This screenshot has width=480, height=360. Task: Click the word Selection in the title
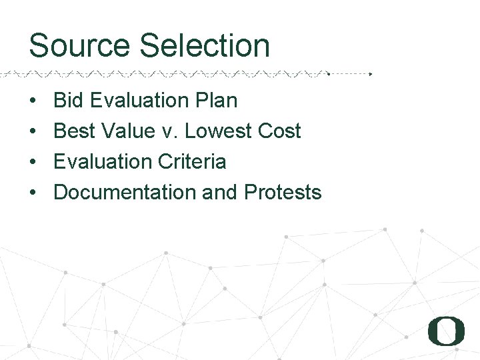tap(205, 46)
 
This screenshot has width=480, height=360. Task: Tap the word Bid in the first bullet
tap(68, 101)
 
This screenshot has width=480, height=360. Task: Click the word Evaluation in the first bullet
tap(138, 101)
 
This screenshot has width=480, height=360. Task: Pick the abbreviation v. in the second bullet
tap(170, 131)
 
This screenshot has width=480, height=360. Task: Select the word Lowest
tap(216, 131)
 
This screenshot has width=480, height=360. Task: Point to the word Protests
tap(283, 193)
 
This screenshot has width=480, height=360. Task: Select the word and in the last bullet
tap(219, 193)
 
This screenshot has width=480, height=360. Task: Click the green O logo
tap(446, 331)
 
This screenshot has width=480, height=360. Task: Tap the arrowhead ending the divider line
tap(371, 74)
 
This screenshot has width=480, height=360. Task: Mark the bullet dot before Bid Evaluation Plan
tap(33, 101)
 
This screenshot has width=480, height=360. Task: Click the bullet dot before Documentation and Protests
tap(33, 193)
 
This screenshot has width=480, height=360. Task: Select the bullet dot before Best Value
tap(33, 132)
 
